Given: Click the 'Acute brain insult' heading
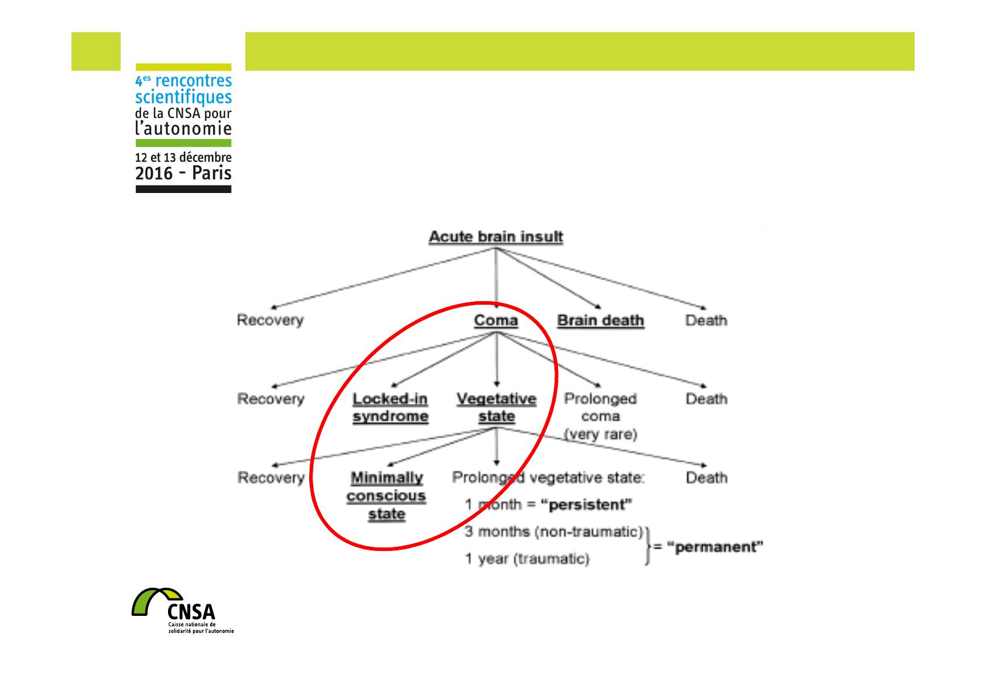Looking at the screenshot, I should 496,237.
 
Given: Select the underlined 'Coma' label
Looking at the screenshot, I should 496,321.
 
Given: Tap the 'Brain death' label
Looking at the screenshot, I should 600,321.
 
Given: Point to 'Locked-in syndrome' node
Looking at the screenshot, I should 390,408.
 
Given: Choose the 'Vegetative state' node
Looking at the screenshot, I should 497,408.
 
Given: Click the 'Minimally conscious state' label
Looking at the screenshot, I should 386,495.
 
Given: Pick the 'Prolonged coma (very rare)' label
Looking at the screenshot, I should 600,416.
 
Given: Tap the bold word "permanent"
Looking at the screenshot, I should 715,547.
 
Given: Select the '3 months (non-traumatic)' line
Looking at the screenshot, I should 553,532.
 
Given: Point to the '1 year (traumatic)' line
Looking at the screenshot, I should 527,559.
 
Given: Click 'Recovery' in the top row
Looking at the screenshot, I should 270,321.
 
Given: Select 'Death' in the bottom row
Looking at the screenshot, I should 706,478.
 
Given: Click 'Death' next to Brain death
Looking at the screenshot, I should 706,321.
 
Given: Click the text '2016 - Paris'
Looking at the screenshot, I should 183,173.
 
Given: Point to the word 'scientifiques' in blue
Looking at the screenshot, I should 183,97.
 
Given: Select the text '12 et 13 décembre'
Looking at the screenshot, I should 183,157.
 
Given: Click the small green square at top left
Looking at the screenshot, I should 96,51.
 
